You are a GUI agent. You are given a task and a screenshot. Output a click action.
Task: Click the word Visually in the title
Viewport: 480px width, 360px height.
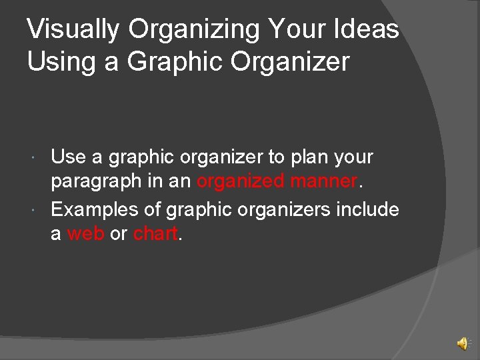73,30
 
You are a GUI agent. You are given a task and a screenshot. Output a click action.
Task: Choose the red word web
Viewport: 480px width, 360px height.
85,234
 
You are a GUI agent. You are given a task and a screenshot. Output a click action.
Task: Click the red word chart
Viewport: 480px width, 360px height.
155,234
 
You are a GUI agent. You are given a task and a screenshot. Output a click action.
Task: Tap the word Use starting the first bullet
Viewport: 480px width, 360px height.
68,157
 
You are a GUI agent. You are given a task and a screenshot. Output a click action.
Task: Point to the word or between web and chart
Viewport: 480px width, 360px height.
119,234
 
